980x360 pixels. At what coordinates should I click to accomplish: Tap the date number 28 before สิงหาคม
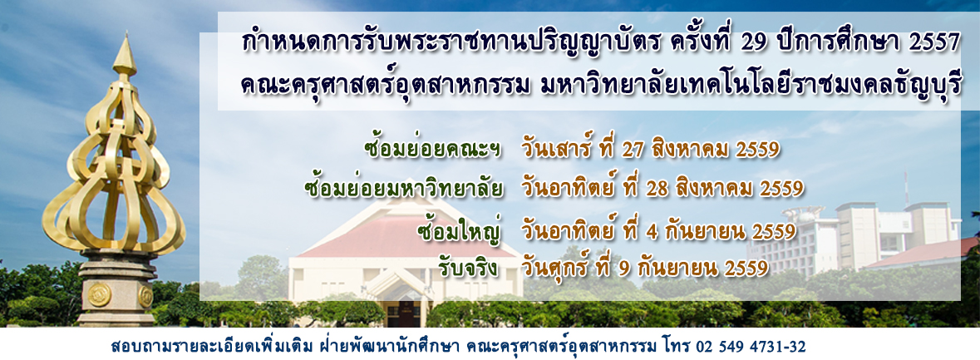[656, 189]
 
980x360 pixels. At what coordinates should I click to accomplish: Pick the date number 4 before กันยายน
[654, 232]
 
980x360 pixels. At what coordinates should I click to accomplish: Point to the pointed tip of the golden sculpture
[125, 34]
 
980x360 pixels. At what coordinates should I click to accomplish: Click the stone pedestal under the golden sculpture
[117, 288]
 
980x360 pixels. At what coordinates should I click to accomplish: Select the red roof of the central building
[406, 237]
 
